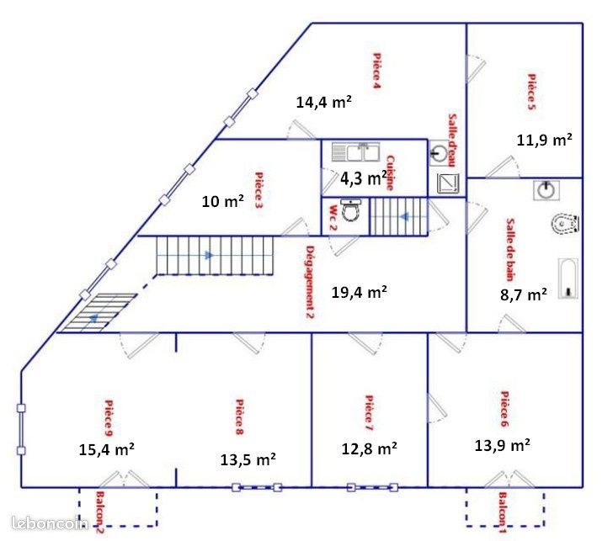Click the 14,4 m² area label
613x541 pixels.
click(323, 102)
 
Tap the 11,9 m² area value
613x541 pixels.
click(544, 140)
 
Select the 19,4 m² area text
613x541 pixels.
click(360, 292)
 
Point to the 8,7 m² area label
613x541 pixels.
click(523, 294)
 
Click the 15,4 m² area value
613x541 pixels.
click(107, 448)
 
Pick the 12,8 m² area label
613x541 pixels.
click(370, 448)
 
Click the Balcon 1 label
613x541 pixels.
click(503, 513)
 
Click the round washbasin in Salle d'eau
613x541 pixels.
click(439, 153)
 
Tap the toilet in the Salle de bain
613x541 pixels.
click(565, 224)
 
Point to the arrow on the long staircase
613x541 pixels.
click(205, 255)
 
